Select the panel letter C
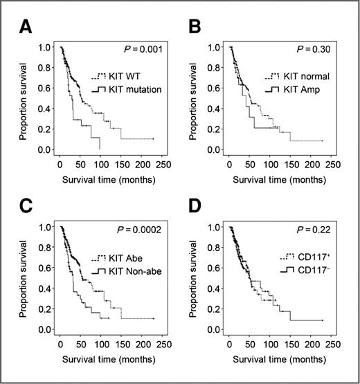26,205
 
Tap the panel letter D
196,205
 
